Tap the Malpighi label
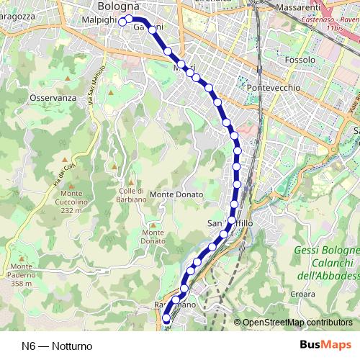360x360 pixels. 99,19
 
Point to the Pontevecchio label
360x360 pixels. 273,87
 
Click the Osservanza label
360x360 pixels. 53,98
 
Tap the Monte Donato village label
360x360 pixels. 177,194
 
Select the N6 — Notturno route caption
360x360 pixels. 57,346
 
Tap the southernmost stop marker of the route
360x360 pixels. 166,318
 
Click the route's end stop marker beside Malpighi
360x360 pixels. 122,22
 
